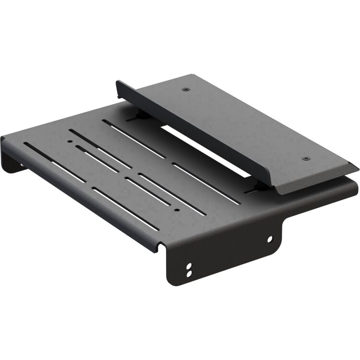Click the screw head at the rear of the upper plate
click(x=186, y=89)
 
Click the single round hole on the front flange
click(x=269, y=239)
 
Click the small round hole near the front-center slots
click(x=177, y=210)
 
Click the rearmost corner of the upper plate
click(x=192, y=74)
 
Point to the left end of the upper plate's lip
click(x=118, y=84)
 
